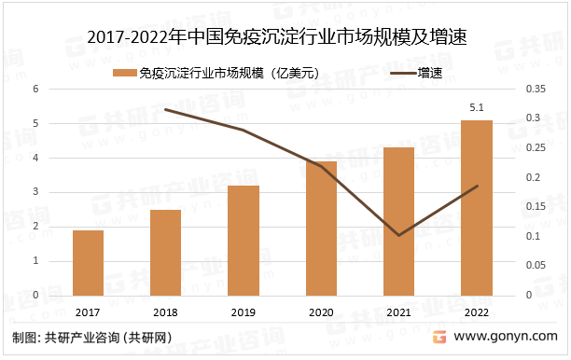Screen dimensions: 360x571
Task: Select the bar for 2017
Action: [88, 263]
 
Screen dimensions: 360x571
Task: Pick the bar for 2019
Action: [244, 241]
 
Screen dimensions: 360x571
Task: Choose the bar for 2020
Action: [321, 228]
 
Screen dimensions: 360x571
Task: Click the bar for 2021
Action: [398, 222]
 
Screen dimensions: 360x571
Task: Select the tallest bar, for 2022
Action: [476, 208]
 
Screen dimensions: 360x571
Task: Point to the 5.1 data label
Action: [476, 109]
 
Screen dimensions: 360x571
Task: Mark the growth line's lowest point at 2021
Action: [398, 235]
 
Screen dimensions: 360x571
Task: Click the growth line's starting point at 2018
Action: [165, 109]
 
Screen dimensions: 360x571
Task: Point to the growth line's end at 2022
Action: [476, 186]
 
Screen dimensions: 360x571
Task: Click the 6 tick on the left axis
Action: [35, 90]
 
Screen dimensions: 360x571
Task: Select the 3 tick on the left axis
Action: [35, 192]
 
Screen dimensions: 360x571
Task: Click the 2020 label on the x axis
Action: [321, 313]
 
